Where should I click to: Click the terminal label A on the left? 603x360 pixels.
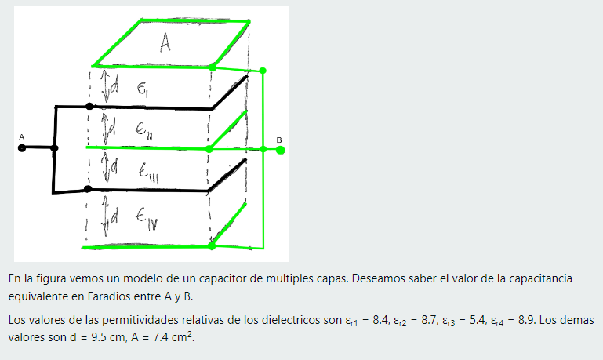click(22, 137)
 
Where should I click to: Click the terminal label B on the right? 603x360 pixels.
click(279, 140)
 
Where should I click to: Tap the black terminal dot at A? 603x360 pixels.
click(22, 147)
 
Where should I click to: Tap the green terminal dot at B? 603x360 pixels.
click(280, 148)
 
